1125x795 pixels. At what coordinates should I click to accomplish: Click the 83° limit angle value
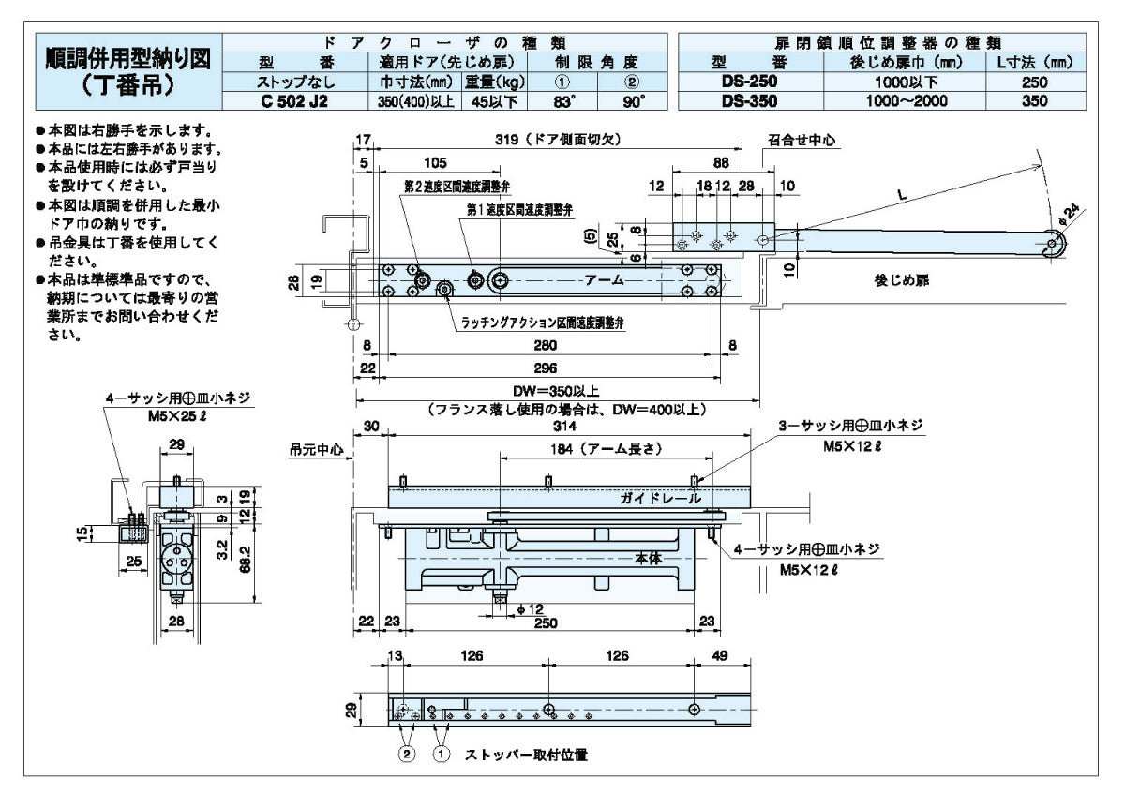pyautogui.click(x=563, y=102)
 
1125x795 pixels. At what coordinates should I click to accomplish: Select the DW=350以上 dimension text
pyautogui.click(x=555, y=392)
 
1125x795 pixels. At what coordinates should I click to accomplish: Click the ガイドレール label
pyautogui.click(x=659, y=499)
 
